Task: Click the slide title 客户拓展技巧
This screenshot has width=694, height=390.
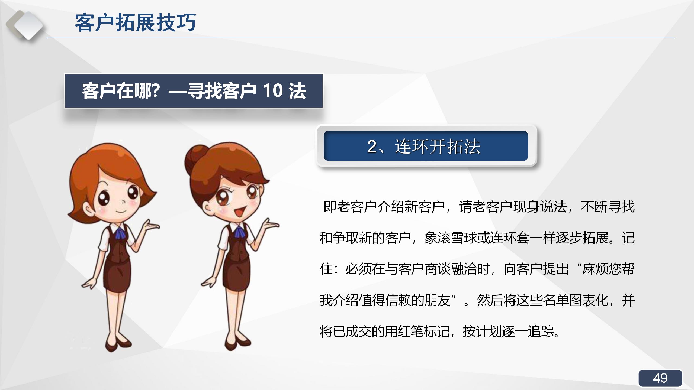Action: (x=135, y=23)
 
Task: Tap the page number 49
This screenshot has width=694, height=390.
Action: (x=660, y=378)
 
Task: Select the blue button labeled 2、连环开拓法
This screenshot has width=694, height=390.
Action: (x=426, y=146)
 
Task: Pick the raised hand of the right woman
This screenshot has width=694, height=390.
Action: (x=270, y=225)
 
